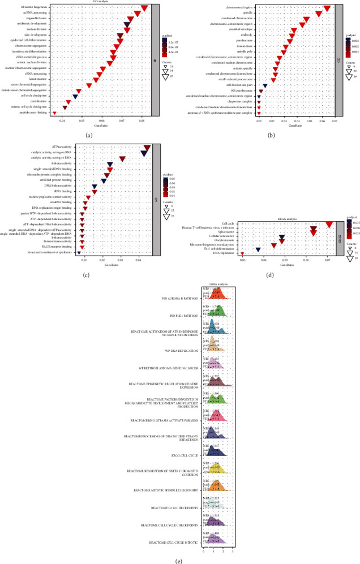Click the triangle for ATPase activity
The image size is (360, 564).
(147, 148)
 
